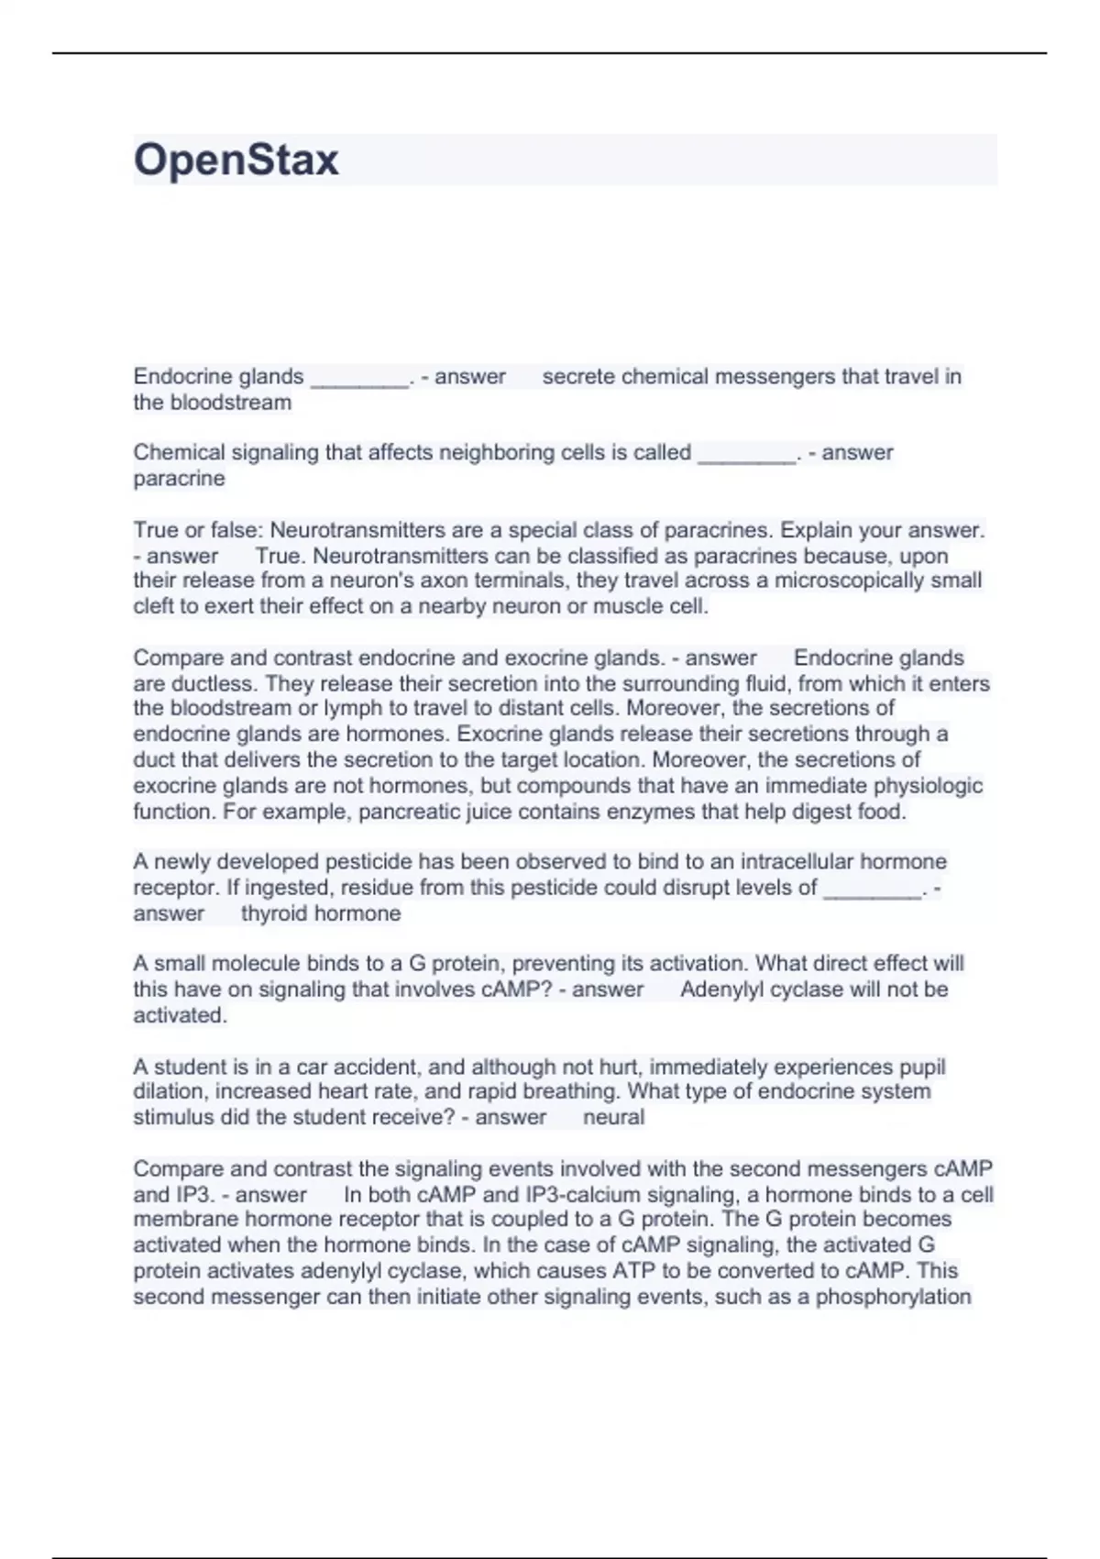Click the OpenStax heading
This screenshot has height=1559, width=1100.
[236, 160]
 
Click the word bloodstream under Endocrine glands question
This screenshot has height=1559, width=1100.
[230, 403]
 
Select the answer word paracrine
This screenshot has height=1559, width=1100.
[179, 479]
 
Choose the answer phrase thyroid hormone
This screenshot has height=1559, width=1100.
[321, 913]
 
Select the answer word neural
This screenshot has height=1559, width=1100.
[613, 1117]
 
